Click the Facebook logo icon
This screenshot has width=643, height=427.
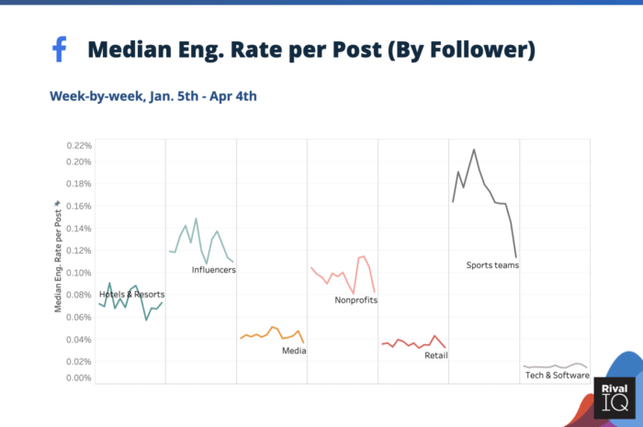(60, 50)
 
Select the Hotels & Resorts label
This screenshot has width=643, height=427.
(132, 294)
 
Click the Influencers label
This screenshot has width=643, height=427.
(214, 270)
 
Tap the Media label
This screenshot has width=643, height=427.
(294, 350)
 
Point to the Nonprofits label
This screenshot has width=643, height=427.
(355, 299)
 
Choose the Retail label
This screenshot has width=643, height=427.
(436, 355)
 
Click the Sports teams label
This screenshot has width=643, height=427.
(492, 265)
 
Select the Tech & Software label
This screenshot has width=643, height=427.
(557, 375)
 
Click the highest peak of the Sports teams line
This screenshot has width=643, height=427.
(474, 150)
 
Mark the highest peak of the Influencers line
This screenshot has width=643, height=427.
(196, 219)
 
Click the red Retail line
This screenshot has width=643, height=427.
(413, 344)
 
